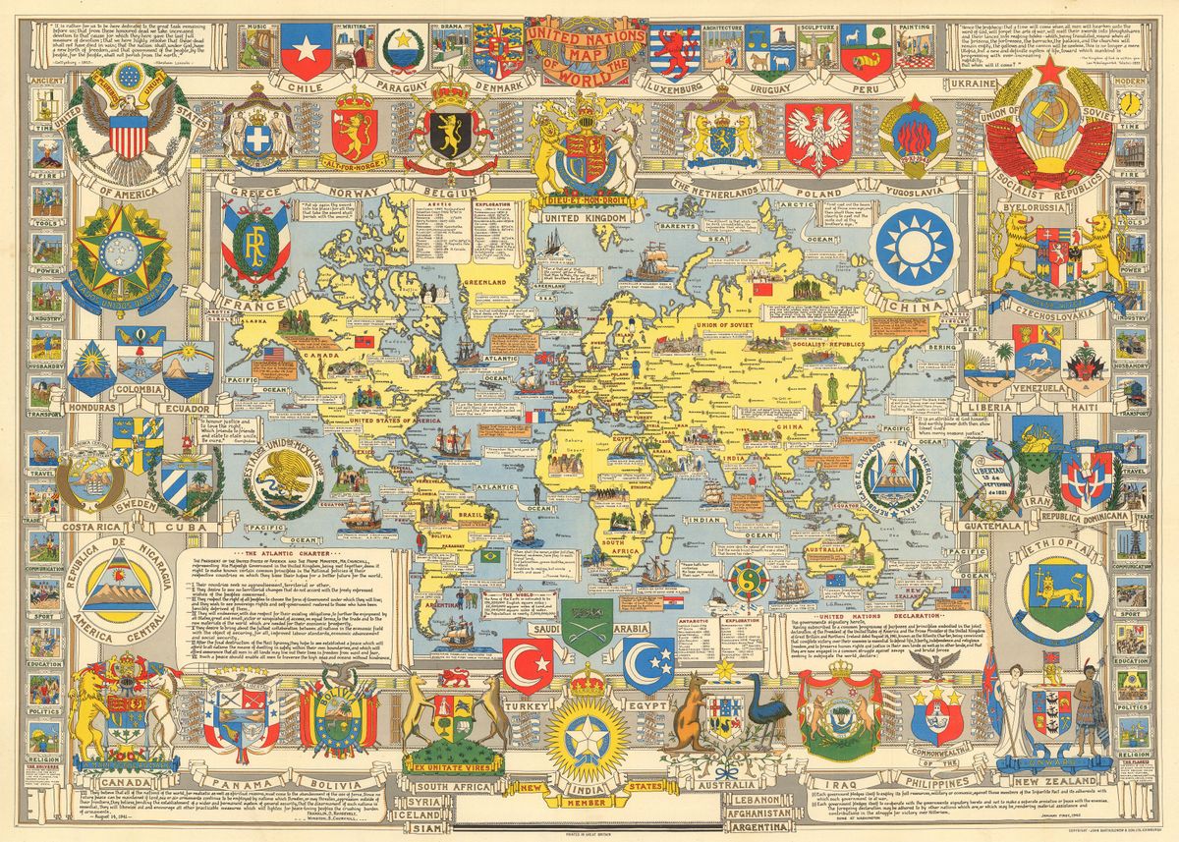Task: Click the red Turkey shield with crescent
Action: pyautogui.click(x=528, y=664)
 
